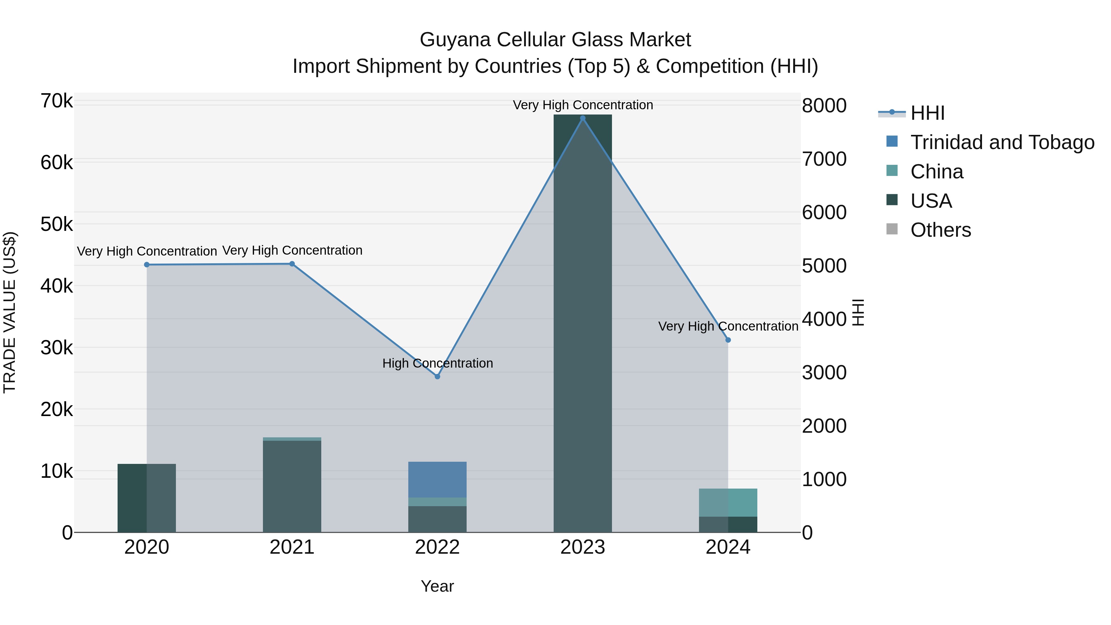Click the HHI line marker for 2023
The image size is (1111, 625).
pyautogui.click(x=583, y=118)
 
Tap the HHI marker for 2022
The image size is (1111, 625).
pyautogui.click(x=437, y=377)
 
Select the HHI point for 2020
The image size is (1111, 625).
pyautogui.click(x=147, y=265)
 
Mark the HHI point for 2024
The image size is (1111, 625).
pyautogui.click(x=728, y=340)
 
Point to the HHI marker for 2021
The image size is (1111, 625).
pyautogui.click(x=292, y=264)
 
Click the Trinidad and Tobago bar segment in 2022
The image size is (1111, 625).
pyautogui.click(x=437, y=479)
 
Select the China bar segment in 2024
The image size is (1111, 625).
pyautogui.click(x=728, y=502)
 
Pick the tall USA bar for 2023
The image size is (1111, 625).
pyautogui.click(x=583, y=323)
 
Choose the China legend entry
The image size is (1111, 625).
pyautogui.click(x=936, y=172)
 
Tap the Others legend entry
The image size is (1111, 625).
pyautogui.click(x=940, y=230)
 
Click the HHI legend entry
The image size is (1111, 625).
pyautogui.click(x=927, y=113)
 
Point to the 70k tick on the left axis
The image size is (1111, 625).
pyautogui.click(x=56, y=101)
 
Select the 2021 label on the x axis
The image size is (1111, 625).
pyautogui.click(x=292, y=547)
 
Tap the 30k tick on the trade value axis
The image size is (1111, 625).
pyautogui.click(x=56, y=348)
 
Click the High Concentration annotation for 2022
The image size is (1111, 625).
pyautogui.click(x=437, y=363)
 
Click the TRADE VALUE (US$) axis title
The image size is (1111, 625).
pyautogui.click(x=10, y=312)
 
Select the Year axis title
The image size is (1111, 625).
pyautogui.click(x=437, y=586)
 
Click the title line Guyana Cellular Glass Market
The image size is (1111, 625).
pyautogui.click(x=555, y=40)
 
